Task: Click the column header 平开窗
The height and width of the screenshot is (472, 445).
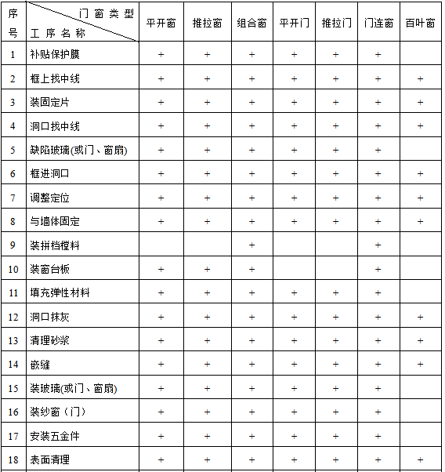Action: pos(161,24)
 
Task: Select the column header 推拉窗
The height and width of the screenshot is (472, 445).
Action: pos(207,24)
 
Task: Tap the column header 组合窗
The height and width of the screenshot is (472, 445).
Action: pos(251,24)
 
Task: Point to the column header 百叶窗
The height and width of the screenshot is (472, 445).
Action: pos(420,24)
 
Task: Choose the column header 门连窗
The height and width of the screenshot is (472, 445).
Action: pos(378,24)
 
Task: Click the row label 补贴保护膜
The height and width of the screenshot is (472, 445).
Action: pos(55,55)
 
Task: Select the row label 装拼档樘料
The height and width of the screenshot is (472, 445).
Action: pos(55,245)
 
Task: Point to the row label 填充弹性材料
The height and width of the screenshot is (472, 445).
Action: pos(60,293)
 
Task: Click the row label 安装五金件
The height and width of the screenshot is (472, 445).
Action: pos(55,436)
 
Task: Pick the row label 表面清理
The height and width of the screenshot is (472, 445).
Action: pos(49,459)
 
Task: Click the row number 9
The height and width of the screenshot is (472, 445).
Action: pos(13,245)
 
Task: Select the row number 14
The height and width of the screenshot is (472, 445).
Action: pos(13,365)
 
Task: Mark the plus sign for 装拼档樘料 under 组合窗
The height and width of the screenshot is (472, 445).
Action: pos(251,245)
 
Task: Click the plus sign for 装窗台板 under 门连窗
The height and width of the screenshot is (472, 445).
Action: pos(378,269)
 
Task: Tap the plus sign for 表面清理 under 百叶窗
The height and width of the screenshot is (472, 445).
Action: pos(420,459)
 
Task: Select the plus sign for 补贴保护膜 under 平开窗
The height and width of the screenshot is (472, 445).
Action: pos(161,55)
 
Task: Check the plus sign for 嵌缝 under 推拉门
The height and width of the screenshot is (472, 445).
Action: pos(335,365)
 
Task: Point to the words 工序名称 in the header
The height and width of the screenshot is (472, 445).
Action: pos(59,34)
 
